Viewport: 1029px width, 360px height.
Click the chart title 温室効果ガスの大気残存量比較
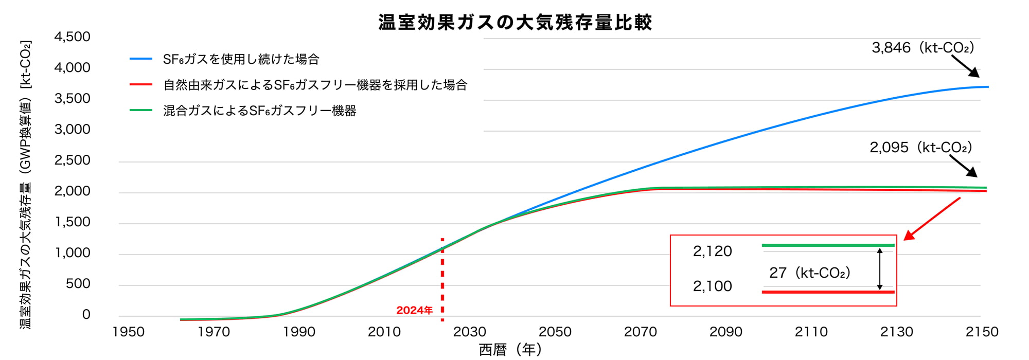515,22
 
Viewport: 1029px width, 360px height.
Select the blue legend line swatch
141,59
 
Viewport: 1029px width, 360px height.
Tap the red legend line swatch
141,85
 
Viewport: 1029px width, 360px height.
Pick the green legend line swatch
141,111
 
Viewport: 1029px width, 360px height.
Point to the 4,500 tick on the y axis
72,37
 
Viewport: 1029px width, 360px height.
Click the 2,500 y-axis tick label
72,160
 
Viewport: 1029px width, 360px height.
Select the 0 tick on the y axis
86,315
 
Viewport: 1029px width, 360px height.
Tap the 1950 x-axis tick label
128,332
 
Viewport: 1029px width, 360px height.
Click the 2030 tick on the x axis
469,332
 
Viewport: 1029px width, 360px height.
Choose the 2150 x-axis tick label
982,332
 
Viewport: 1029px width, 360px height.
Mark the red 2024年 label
414,311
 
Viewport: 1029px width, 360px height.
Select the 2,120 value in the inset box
712,251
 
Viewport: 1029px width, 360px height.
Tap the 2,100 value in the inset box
712,286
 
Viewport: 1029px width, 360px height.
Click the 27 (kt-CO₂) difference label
809,273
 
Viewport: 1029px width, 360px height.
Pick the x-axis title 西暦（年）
510,350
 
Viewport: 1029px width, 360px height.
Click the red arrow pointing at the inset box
932,219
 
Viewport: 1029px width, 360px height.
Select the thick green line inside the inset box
828,246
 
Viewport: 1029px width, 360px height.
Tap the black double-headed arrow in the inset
880,269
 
